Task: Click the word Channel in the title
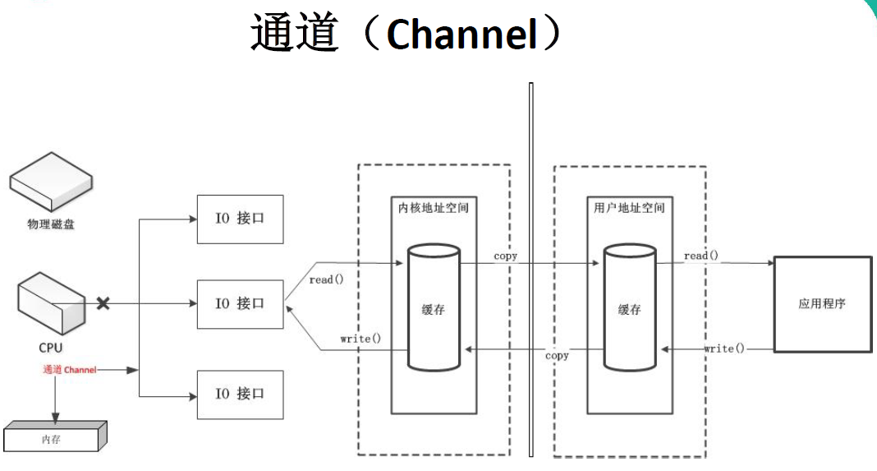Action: (x=459, y=35)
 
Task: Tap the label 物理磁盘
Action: (x=51, y=224)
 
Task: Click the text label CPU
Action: (x=51, y=348)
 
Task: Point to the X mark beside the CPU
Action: (x=103, y=303)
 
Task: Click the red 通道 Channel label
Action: (x=70, y=370)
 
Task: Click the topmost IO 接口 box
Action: (x=240, y=219)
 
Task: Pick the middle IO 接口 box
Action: (x=240, y=303)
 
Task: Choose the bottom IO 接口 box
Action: (x=240, y=394)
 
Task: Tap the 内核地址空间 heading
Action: (x=433, y=208)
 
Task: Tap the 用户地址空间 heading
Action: (x=629, y=208)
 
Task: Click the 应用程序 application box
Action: (x=822, y=303)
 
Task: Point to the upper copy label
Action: (x=506, y=256)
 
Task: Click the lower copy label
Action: (x=557, y=355)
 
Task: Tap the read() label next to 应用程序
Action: (x=700, y=256)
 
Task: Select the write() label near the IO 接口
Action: (x=361, y=339)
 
